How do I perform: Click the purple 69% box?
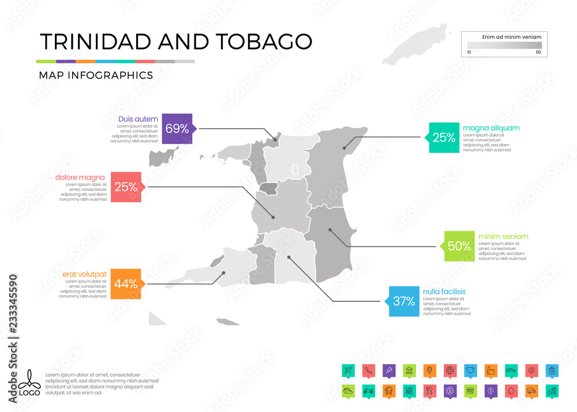click(x=177, y=129)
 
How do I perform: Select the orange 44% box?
click(x=125, y=283)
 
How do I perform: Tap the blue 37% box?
click(x=404, y=301)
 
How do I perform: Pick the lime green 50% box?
click(x=459, y=246)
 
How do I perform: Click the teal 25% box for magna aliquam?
click(x=444, y=137)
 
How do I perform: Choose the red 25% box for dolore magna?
click(x=125, y=186)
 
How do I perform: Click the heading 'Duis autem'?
click(x=138, y=119)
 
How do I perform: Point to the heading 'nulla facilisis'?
click(x=444, y=291)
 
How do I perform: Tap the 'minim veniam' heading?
click(x=503, y=237)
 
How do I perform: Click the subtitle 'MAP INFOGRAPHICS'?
click(x=96, y=75)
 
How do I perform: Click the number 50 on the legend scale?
click(x=538, y=52)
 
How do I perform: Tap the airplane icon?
click(x=348, y=370)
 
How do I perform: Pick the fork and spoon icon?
click(x=429, y=391)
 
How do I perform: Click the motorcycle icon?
click(x=368, y=391)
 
